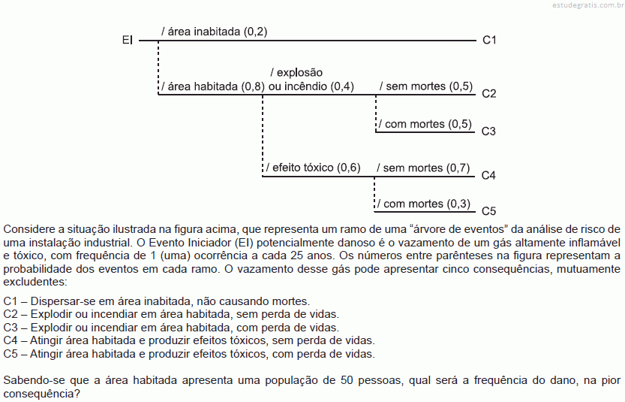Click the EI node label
point(127,40)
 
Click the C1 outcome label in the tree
point(489,40)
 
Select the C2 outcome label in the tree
point(488,93)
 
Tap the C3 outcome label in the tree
point(488,131)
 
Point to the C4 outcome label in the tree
point(488,175)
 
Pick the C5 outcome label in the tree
point(488,211)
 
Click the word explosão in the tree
point(299,73)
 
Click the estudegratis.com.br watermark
point(588,5)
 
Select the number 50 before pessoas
point(347,380)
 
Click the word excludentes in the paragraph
point(35,282)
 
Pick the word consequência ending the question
point(41,394)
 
